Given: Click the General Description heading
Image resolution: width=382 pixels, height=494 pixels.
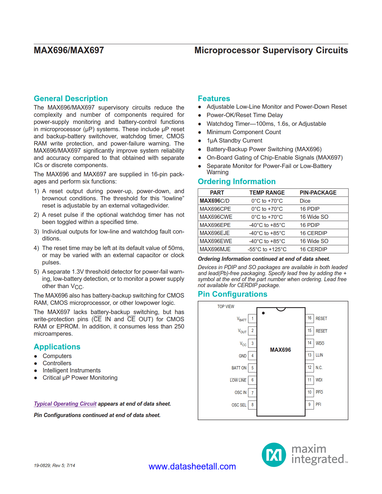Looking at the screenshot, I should pyautogui.click(x=71, y=99).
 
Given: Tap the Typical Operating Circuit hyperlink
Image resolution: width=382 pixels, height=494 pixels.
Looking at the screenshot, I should pyautogui.click(x=65, y=404).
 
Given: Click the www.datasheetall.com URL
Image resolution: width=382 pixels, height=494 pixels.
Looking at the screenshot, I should pyautogui.click(x=192, y=466).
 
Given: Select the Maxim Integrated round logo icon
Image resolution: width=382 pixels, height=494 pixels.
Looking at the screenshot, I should pyautogui.click(x=274, y=455).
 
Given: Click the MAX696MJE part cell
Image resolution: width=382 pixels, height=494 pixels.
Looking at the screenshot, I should pyautogui.click(x=215, y=249).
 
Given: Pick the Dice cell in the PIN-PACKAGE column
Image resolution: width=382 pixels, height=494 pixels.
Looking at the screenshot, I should pyautogui.click(x=305, y=201).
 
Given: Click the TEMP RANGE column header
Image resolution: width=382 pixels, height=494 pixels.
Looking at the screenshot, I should pyautogui.click(x=267, y=193).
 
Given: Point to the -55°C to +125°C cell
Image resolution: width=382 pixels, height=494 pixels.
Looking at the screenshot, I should pyautogui.click(x=267, y=249).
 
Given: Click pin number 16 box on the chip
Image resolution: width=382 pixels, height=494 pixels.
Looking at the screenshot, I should pyautogui.click(x=309, y=318).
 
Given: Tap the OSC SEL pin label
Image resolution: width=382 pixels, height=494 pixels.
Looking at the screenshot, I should pyautogui.click(x=239, y=405).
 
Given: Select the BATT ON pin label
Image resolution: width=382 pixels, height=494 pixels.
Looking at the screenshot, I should pyautogui.click(x=239, y=368).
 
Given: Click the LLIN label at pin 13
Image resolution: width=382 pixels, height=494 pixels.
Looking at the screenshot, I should pyautogui.click(x=319, y=355).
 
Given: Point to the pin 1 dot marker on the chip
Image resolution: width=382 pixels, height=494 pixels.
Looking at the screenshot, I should pyautogui.click(x=263, y=313).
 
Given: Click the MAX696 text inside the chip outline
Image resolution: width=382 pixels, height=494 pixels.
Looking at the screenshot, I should pyautogui.click(x=280, y=350).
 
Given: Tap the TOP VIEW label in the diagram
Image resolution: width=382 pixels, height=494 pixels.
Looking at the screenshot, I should pyautogui.click(x=226, y=307).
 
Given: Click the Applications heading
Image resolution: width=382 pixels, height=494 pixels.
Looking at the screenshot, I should pyautogui.click(x=57, y=347).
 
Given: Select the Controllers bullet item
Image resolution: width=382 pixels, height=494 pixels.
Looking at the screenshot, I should pyautogui.click(x=57, y=363).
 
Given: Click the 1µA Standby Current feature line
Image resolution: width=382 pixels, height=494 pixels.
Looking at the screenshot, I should pyautogui.click(x=234, y=140).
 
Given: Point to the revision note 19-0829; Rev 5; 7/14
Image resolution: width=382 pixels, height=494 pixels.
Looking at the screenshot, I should pyautogui.click(x=54, y=465).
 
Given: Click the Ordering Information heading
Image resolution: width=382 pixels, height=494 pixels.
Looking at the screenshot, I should pyautogui.click(x=237, y=181).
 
